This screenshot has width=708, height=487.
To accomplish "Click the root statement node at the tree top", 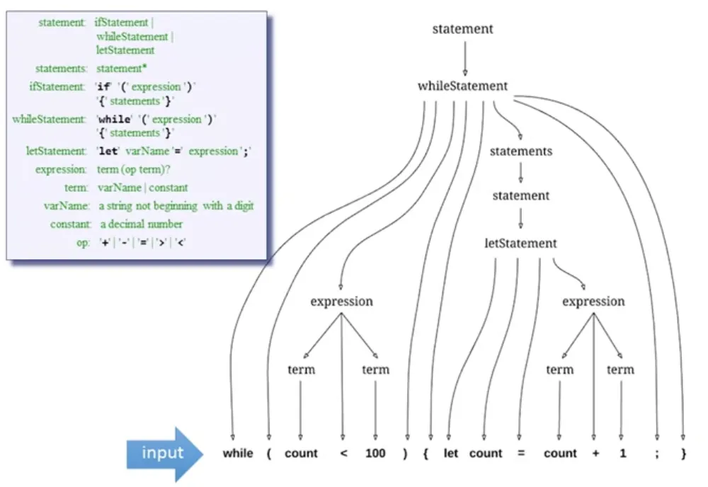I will (x=462, y=29).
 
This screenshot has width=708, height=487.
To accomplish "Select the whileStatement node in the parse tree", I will (x=462, y=86).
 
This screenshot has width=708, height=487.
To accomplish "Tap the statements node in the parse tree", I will (x=520, y=151).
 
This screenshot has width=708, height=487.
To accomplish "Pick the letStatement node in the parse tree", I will (x=520, y=243).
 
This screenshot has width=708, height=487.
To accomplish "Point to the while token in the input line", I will (x=237, y=454).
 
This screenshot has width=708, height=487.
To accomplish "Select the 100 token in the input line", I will (x=375, y=454).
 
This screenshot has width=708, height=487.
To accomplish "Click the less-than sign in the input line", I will (x=343, y=454).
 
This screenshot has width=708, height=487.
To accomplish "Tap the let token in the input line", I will (x=451, y=454).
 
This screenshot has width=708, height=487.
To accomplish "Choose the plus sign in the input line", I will (x=593, y=454).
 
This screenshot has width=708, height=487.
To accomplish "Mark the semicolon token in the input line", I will (x=657, y=454).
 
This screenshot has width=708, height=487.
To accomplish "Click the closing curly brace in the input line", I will (x=683, y=454).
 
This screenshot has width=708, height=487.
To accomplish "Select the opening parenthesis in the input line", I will (x=269, y=454).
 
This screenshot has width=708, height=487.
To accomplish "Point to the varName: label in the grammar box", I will (x=66, y=206).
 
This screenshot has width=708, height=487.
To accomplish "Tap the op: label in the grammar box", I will (x=82, y=243).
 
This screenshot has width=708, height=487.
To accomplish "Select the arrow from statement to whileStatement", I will (x=464, y=59).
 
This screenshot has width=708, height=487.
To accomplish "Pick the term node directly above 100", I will (x=375, y=369).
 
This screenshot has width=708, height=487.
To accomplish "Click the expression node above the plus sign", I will (x=593, y=302).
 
